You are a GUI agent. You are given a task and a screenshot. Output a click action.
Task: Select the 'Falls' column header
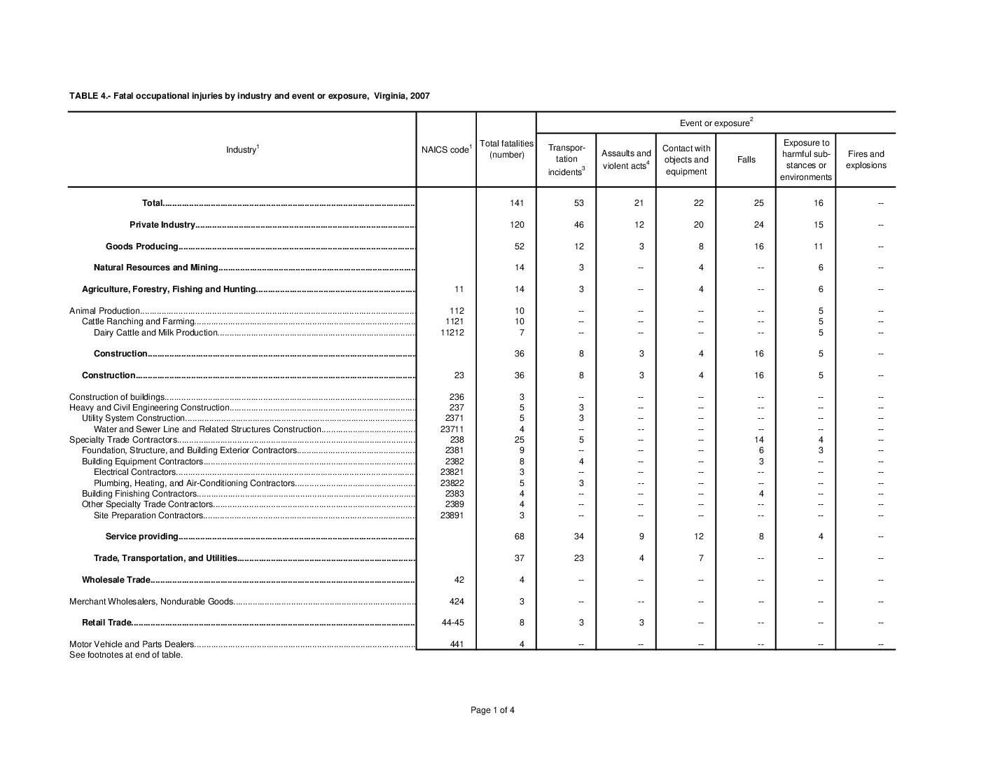coord(746,160)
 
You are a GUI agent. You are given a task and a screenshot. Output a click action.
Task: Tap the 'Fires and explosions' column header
coord(866,160)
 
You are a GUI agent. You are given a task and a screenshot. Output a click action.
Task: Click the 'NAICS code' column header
coord(446,150)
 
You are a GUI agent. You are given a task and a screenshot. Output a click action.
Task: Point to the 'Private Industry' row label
coord(162,225)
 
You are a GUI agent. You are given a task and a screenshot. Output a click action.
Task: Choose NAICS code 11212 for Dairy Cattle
coord(452,333)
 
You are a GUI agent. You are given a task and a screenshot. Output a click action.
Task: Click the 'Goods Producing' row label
coord(142,247)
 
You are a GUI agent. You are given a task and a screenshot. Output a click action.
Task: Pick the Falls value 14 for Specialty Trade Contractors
coord(759,440)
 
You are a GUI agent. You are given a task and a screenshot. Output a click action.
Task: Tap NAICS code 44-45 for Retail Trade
coord(453,623)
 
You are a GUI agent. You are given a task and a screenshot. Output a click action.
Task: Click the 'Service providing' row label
coord(142,536)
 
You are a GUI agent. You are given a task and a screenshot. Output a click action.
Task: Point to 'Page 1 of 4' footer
coord(493,710)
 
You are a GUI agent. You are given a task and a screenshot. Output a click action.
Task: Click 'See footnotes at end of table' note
coord(126,655)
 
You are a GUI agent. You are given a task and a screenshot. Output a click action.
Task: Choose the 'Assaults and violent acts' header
coord(626,160)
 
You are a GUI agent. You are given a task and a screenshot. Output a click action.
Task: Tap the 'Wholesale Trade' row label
coord(116,580)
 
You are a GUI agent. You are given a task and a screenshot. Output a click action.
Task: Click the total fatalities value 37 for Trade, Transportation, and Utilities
coord(519,558)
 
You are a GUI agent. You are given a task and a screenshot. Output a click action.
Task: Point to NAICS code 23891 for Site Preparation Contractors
coord(452,515)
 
